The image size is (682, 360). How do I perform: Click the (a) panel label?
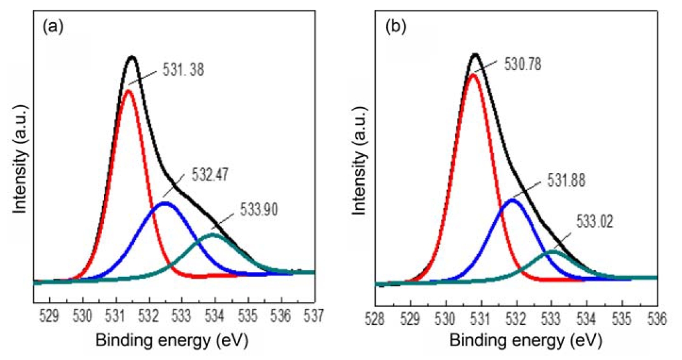[x=51, y=28]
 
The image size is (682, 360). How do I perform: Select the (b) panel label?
[x=395, y=28]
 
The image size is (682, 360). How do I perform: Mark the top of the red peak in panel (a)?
[x=129, y=91]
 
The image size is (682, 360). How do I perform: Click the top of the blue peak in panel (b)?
[x=513, y=200]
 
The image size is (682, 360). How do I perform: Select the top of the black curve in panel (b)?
[x=475, y=54]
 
